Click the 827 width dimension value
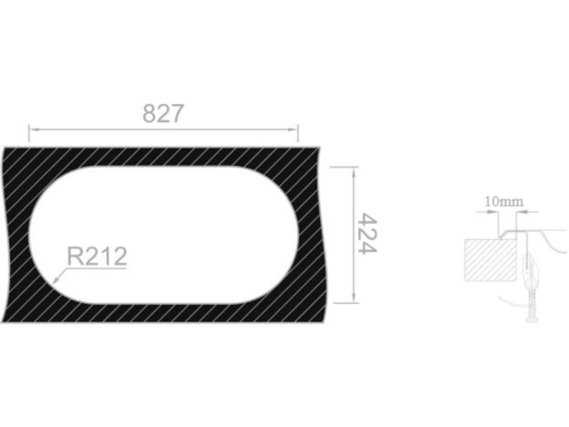pos(163,114)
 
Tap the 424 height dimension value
pos(367,233)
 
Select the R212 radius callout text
pos(97,256)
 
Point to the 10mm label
pos(504,202)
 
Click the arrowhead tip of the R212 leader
pos(53,282)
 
